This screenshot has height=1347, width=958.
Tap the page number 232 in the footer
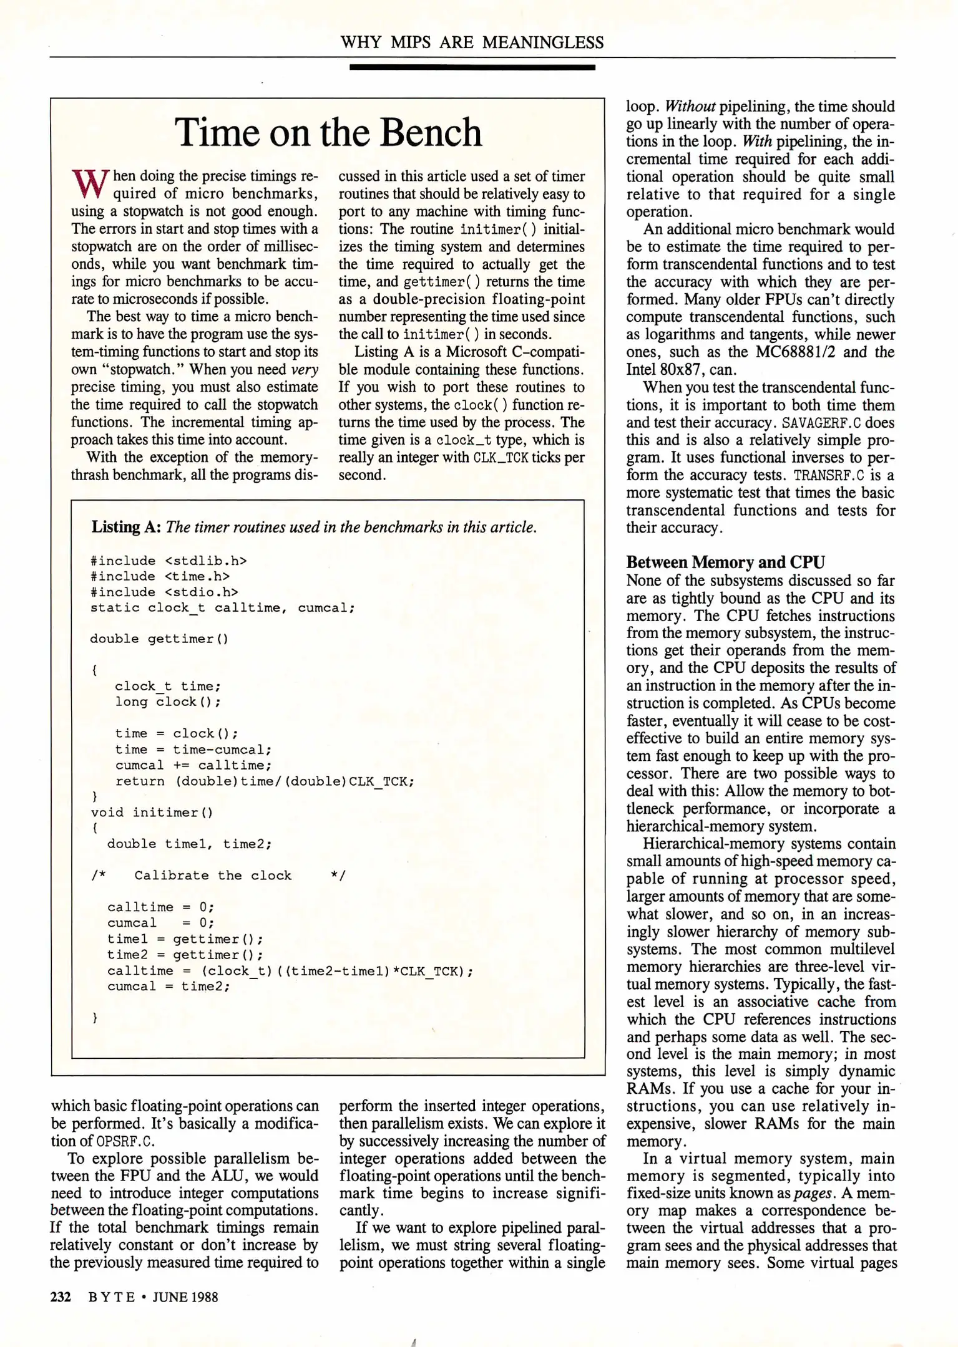(x=61, y=1297)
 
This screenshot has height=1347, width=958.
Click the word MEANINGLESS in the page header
(x=543, y=42)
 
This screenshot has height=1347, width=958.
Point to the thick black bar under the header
(x=472, y=67)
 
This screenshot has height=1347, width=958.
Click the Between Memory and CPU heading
(x=725, y=562)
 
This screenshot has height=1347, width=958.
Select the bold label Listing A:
(x=127, y=527)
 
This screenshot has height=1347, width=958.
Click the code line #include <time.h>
(x=160, y=576)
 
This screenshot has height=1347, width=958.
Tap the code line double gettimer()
(x=159, y=639)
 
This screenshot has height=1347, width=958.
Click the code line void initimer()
(x=152, y=813)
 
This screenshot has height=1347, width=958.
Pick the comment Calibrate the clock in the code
(x=213, y=876)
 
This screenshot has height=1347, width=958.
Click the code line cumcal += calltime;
(x=193, y=765)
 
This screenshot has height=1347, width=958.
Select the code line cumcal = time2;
(x=169, y=987)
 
